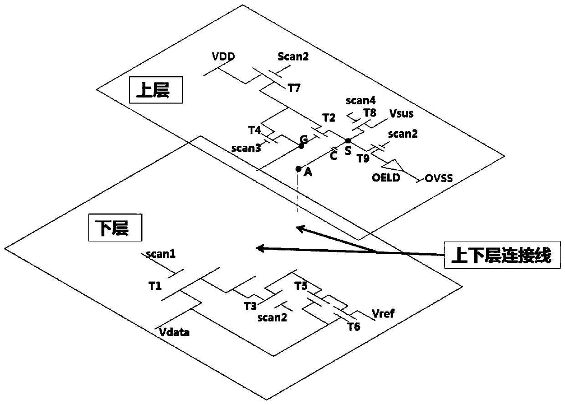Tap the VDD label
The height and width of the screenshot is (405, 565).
[x=223, y=58]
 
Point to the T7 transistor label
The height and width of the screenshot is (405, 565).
[x=294, y=88]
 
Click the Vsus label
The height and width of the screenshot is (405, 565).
[x=401, y=113]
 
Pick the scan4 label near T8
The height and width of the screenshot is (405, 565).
[x=360, y=101]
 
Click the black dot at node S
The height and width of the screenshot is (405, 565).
[x=348, y=141]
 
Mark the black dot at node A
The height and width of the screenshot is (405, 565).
[x=298, y=169]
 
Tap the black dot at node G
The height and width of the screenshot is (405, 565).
[x=301, y=146]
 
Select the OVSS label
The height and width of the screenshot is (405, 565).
[x=439, y=178]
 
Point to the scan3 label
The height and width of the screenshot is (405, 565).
[x=246, y=148]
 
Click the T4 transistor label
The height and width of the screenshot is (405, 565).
[x=255, y=130]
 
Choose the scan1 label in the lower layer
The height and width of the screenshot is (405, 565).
[x=161, y=254]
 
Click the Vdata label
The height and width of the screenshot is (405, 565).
[x=175, y=332]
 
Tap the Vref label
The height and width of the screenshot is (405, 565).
[x=384, y=313]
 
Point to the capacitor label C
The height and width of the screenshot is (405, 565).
[x=334, y=156]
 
